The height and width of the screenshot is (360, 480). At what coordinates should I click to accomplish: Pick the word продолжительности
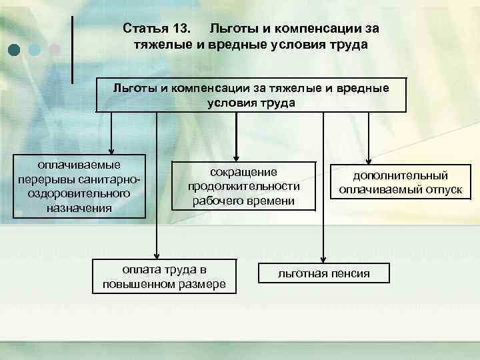243,186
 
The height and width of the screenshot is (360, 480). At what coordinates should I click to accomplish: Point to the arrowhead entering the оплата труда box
156,253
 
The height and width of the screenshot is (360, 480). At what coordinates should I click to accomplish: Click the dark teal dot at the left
15,49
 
